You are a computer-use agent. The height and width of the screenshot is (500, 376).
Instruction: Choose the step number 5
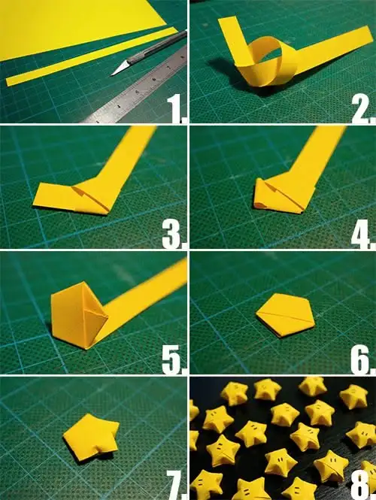tap(174, 359)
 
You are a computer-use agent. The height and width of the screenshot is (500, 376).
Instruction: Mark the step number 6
tap(362, 359)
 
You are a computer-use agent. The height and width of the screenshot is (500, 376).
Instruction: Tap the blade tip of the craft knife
tap(111, 76)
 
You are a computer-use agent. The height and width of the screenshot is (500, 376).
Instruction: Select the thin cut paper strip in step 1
tap(91, 56)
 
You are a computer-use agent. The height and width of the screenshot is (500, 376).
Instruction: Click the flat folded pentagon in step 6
tap(286, 315)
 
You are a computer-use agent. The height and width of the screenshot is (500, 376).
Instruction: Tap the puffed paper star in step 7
tap(91, 437)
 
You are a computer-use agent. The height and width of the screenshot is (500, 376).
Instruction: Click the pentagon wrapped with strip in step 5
tap(79, 316)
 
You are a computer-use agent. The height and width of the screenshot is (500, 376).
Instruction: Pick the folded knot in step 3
tap(75, 198)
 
